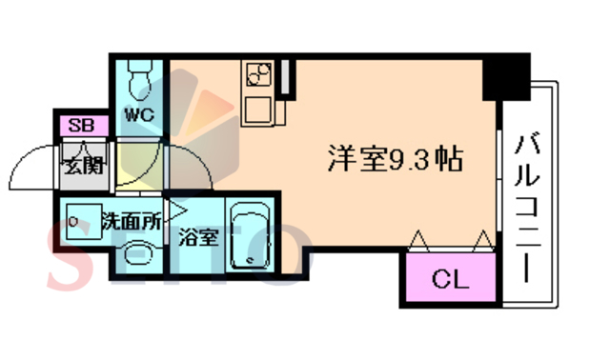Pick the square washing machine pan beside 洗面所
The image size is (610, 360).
click(x=83, y=220)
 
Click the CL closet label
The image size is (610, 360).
click(x=448, y=280)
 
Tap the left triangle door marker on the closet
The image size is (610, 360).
click(x=417, y=238)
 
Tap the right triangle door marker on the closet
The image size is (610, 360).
click(x=484, y=238)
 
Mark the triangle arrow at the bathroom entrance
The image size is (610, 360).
click(x=177, y=207)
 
